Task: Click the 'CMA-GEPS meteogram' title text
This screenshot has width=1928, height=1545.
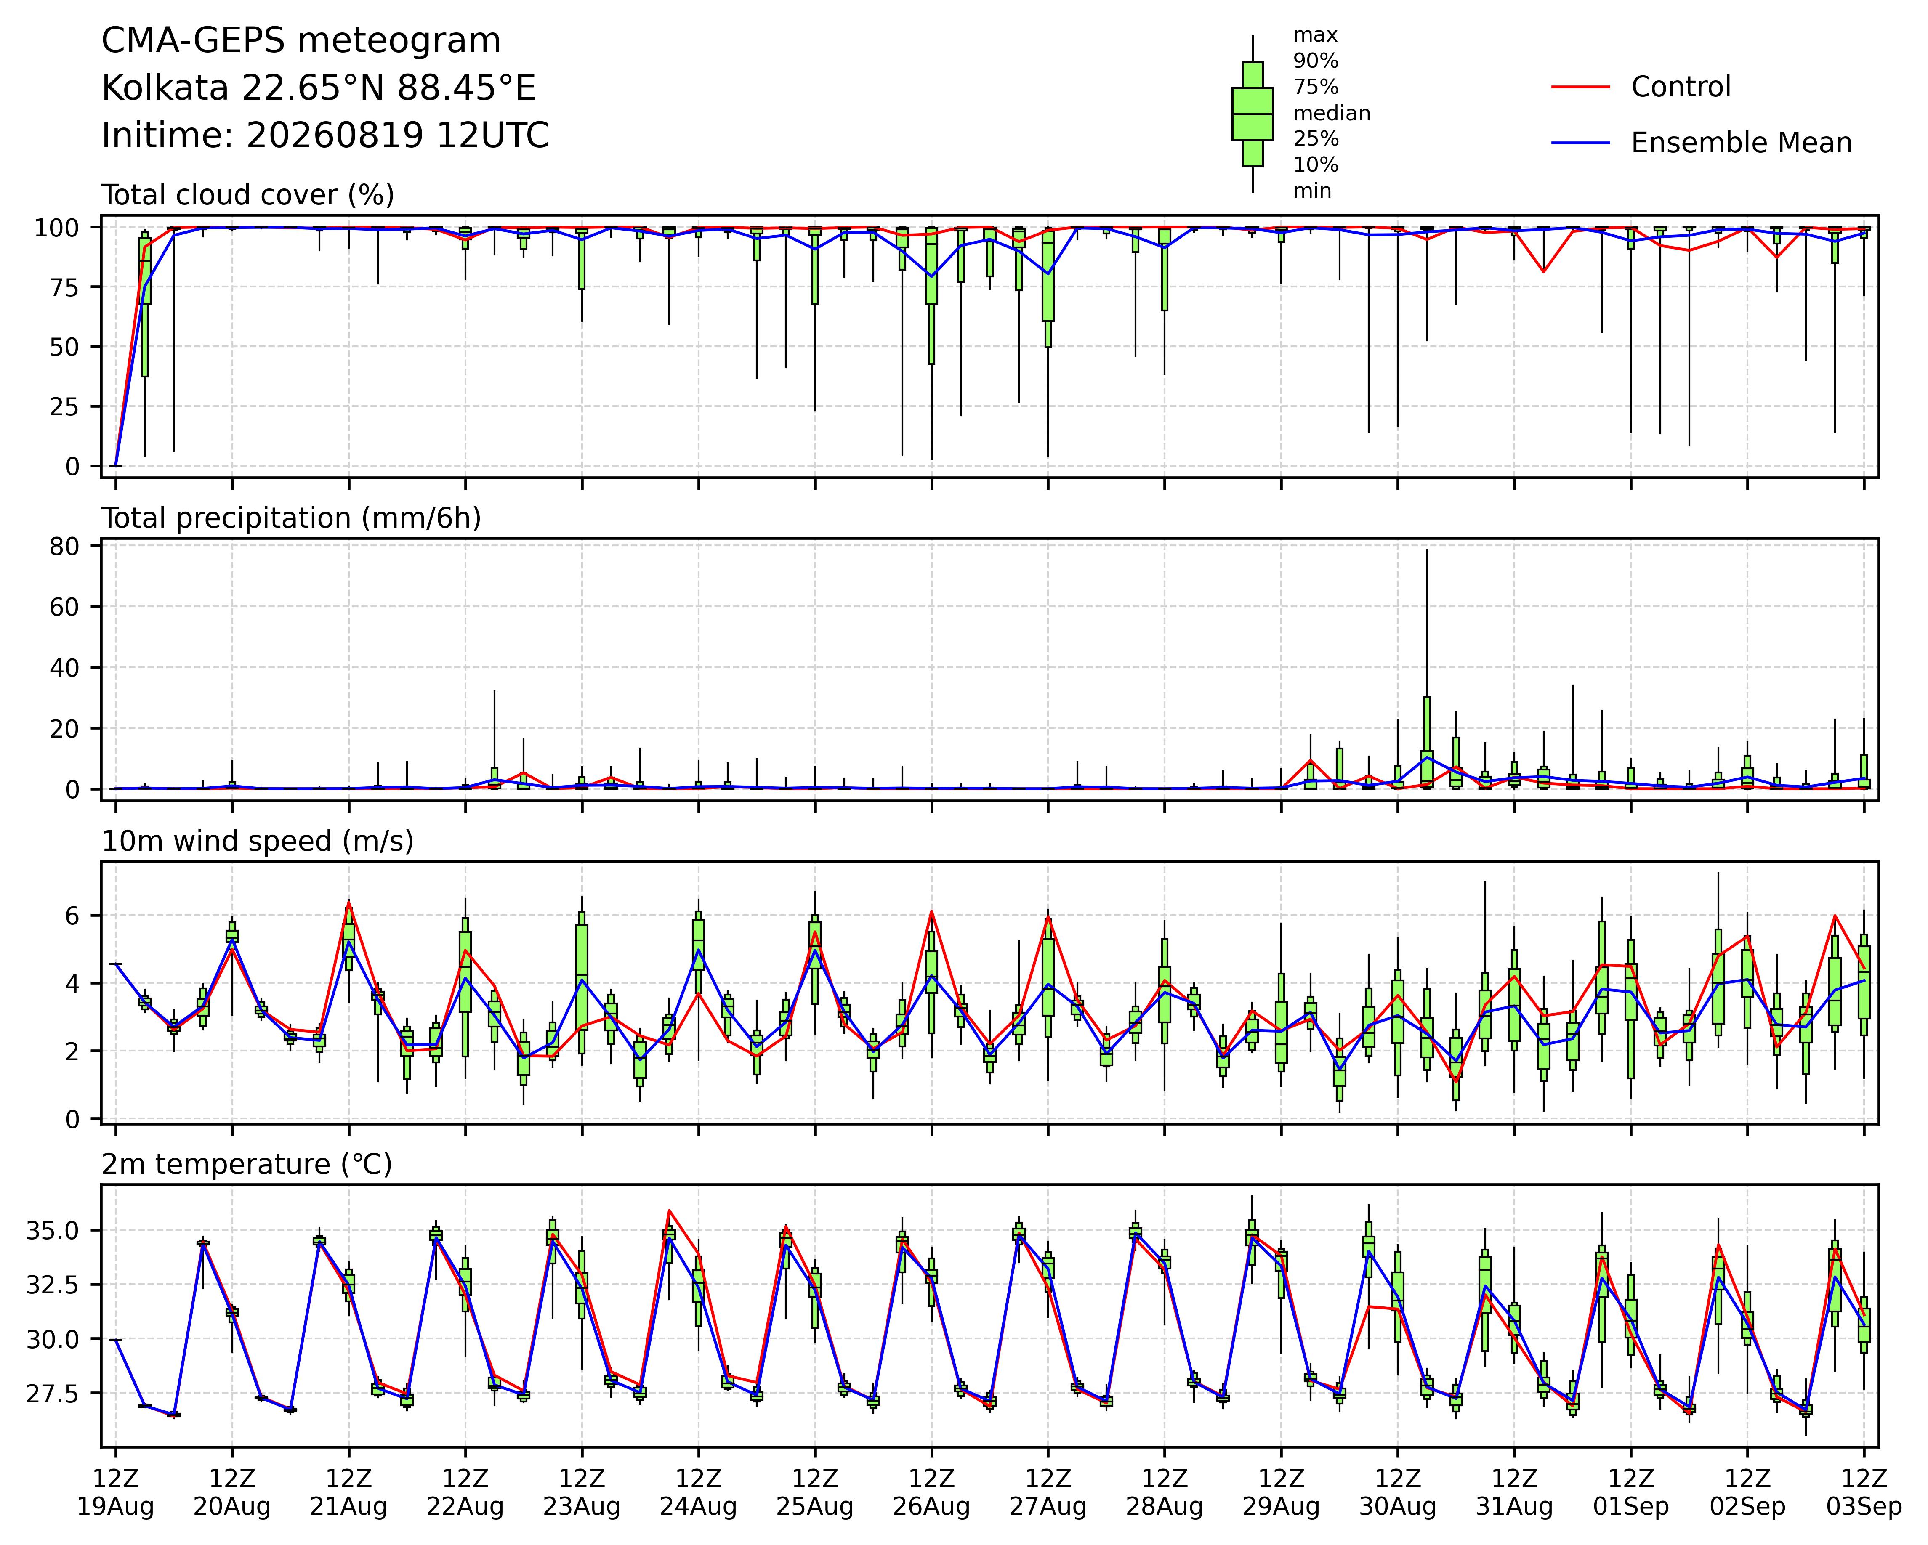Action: (x=301, y=41)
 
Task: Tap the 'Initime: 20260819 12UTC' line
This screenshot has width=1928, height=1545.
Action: (x=325, y=136)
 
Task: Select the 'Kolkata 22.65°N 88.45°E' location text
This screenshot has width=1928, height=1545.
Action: (x=318, y=88)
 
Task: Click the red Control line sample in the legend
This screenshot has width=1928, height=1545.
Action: (x=1580, y=87)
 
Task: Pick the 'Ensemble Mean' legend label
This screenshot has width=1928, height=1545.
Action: (x=1741, y=143)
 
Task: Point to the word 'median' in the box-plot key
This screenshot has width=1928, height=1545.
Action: (x=1332, y=114)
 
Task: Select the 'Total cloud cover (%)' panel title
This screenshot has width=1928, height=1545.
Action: (x=248, y=195)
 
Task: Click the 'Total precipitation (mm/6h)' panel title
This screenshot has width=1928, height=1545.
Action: (x=292, y=518)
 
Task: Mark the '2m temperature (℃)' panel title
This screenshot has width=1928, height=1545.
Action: (x=247, y=1165)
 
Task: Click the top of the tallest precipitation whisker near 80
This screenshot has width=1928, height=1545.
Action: (x=1427, y=549)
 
